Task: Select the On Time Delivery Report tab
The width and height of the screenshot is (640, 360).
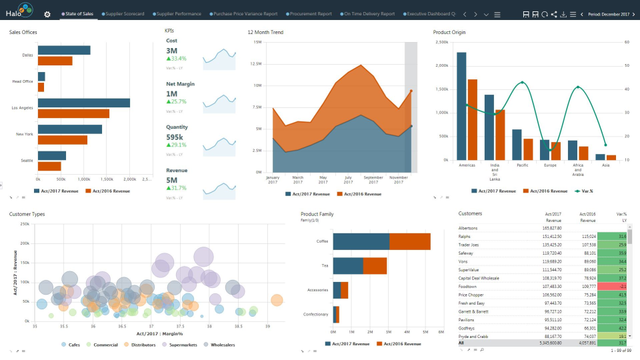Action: point(369,13)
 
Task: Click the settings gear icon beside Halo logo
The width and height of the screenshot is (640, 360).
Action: point(47,14)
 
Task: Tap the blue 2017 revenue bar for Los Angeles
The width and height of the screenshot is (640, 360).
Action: point(84,103)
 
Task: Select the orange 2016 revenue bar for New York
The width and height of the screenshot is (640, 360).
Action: point(63,140)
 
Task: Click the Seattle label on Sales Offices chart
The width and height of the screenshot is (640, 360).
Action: point(27,160)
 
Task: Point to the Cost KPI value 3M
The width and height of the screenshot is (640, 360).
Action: point(172,51)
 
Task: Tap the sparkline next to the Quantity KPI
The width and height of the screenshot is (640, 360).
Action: point(219,143)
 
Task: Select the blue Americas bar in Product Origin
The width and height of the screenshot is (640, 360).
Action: point(461,106)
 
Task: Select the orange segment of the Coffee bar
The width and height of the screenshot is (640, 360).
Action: point(409,241)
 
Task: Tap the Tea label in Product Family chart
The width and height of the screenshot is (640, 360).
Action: point(325,265)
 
